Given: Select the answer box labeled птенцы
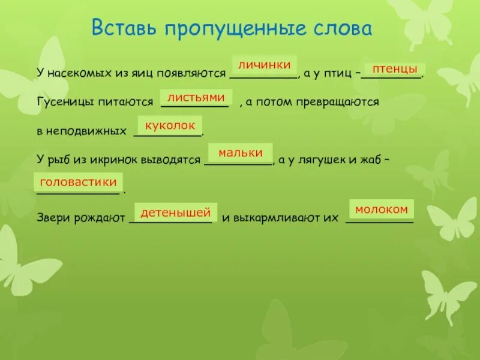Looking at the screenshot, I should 395,70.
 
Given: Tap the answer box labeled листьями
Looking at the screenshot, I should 196,97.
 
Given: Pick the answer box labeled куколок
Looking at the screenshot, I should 170,125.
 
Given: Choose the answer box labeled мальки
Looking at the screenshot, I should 240,153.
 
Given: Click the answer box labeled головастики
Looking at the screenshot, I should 78,181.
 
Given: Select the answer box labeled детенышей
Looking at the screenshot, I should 176,212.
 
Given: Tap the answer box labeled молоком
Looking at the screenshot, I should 382,209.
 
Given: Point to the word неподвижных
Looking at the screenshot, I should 88,130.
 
